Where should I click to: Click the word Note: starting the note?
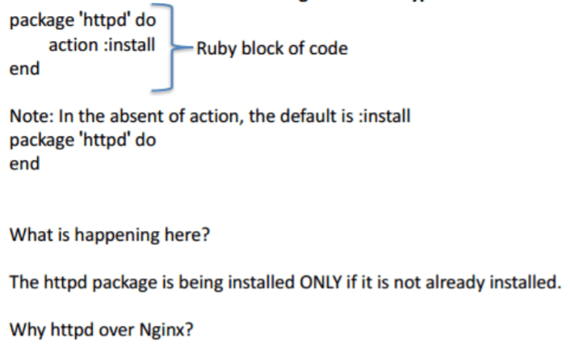[28, 116]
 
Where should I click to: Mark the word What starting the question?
[28, 236]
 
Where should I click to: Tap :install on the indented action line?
[127, 44]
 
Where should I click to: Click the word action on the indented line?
[72, 44]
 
